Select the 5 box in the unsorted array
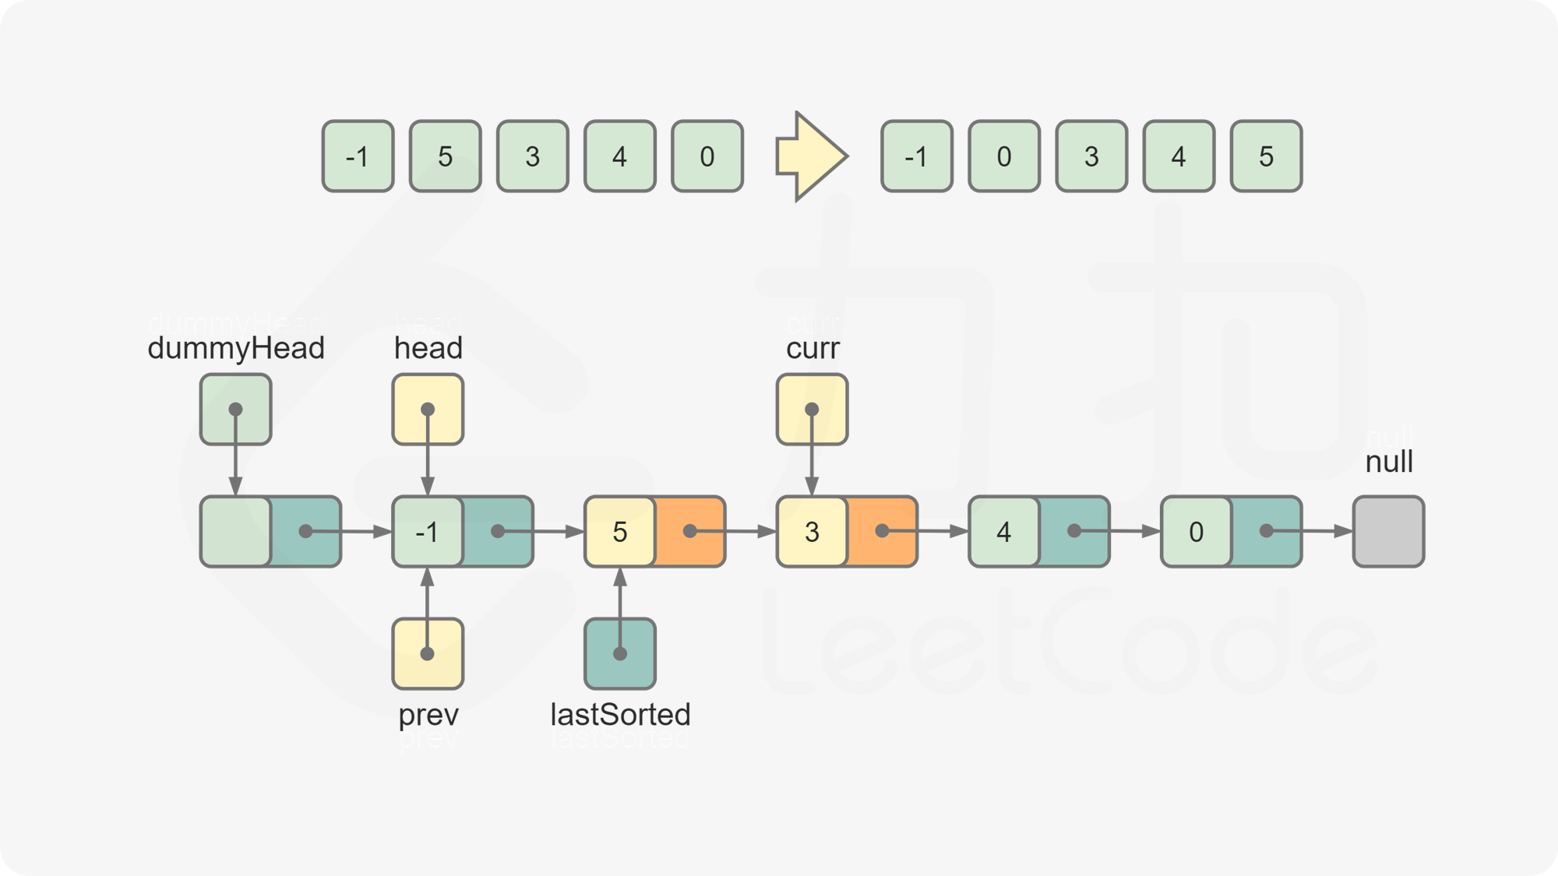445,157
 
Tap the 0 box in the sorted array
1003,157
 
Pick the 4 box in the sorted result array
1178,157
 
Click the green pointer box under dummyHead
235,410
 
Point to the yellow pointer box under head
428,410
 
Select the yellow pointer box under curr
812,410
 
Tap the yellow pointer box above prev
428,653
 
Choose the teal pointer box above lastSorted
620,653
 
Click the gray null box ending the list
1388,531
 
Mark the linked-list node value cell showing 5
619,531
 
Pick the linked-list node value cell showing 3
812,531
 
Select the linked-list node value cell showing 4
1003,531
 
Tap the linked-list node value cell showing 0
1196,531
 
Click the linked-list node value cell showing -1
427,531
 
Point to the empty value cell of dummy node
235,531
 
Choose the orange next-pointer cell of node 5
690,531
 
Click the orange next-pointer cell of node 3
882,531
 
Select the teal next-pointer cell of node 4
1074,531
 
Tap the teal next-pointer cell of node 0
1267,531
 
